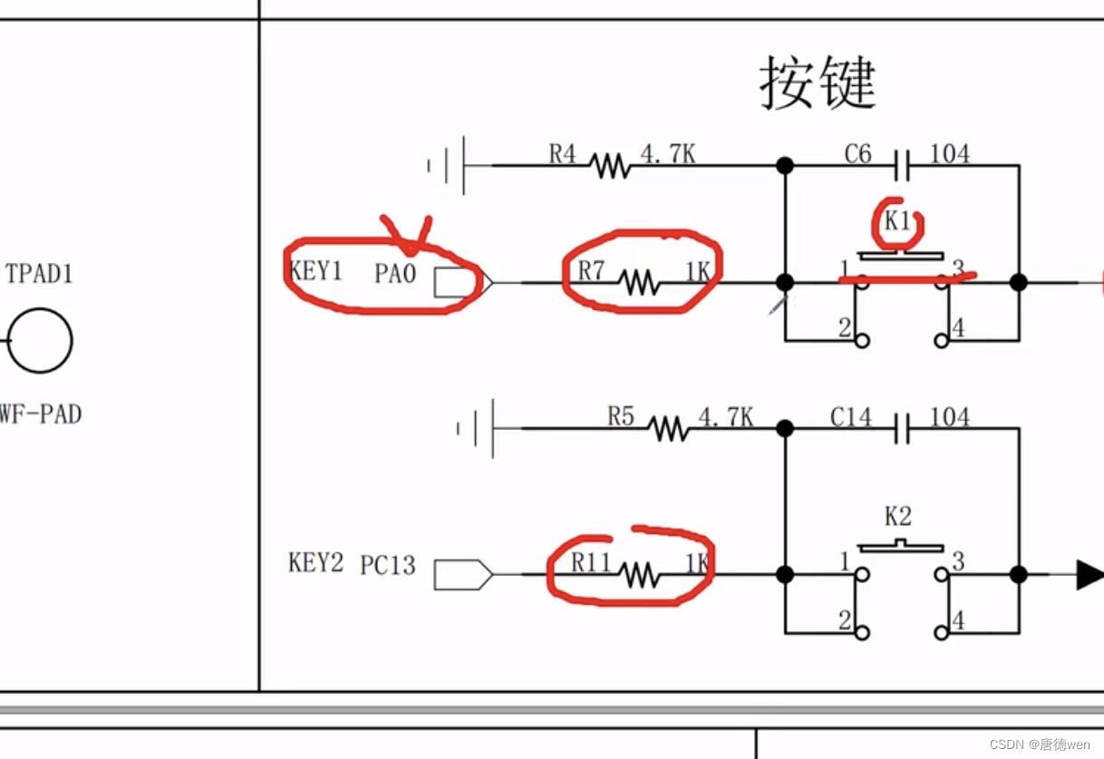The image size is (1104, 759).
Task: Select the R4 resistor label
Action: pos(562,154)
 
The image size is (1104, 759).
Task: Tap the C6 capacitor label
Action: pos(857,154)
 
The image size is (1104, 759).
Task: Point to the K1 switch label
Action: pos(898,220)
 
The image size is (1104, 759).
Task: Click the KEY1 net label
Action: pos(315,271)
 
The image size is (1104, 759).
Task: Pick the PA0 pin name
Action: pos(394,273)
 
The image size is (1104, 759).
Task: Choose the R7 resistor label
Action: pos(591,270)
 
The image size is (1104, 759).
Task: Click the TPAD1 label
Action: pos(40,273)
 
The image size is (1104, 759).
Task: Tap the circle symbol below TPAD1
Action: pos(40,340)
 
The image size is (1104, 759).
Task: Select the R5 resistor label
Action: pos(621,417)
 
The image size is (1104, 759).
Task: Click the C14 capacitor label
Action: pos(850,417)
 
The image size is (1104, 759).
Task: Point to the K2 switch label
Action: pos(897,517)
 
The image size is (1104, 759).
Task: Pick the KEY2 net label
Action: pos(315,563)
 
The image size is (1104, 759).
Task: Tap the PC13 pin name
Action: pos(388,565)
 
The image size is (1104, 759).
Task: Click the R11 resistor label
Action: pos(592,563)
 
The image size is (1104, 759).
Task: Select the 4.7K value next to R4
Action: pos(668,154)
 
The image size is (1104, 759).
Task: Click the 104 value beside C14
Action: pos(950,417)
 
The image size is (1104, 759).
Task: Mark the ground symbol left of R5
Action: pos(479,427)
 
